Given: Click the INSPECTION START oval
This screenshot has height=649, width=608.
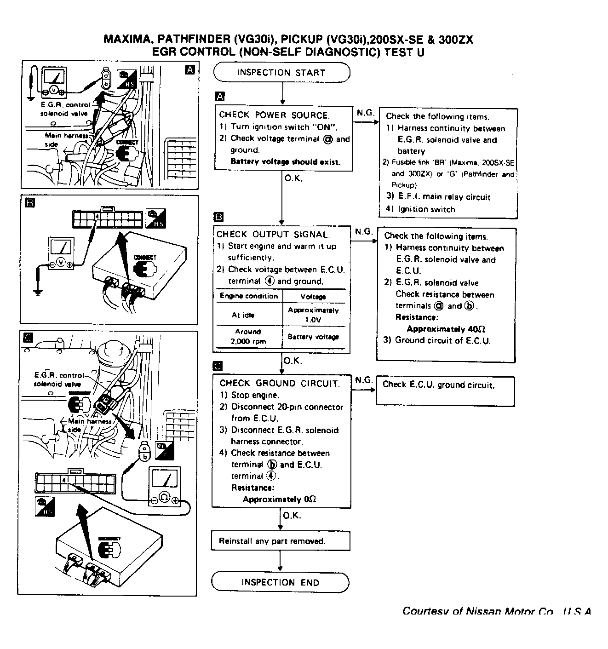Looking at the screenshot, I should [x=281, y=73].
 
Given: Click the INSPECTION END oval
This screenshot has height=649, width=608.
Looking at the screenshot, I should [x=280, y=582].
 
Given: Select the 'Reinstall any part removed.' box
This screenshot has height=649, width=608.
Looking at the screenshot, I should [x=281, y=541].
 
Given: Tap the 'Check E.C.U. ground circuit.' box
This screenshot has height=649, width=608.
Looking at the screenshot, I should [x=445, y=391].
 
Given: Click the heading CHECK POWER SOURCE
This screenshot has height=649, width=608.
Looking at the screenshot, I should [x=274, y=115].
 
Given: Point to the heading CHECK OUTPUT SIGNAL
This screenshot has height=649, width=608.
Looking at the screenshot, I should [x=273, y=234].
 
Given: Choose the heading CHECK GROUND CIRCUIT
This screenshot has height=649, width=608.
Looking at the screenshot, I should [x=279, y=383].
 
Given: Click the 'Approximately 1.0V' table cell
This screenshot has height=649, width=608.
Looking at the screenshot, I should [x=313, y=315].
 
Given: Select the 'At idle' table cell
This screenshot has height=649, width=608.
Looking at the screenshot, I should [x=249, y=315].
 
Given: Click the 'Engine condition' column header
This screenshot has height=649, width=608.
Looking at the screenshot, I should [x=249, y=296].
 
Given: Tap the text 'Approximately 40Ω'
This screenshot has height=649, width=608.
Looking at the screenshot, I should [x=446, y=329].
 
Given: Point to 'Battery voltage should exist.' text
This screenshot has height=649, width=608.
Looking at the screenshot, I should [x=285, y=162].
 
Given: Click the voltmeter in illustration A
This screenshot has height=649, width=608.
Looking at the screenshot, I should [x=54, y=82].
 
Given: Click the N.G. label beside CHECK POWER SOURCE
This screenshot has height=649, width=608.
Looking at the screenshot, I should [x=365, y=113].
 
